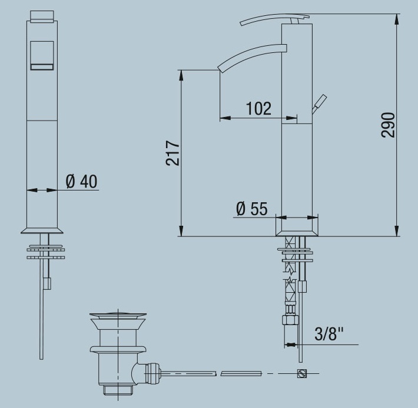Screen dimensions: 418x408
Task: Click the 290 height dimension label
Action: point(388,125)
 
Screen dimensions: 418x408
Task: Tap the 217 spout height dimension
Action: point(172,153)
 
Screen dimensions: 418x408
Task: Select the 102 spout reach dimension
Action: point(258,108)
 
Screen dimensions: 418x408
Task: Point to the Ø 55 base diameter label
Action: point(251,208)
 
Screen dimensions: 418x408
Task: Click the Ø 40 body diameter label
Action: point(81,181)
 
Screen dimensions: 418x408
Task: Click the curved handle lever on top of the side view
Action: point(274,19)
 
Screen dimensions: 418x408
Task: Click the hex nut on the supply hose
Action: point(290,320)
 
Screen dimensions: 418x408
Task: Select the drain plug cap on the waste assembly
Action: point(118,316)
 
